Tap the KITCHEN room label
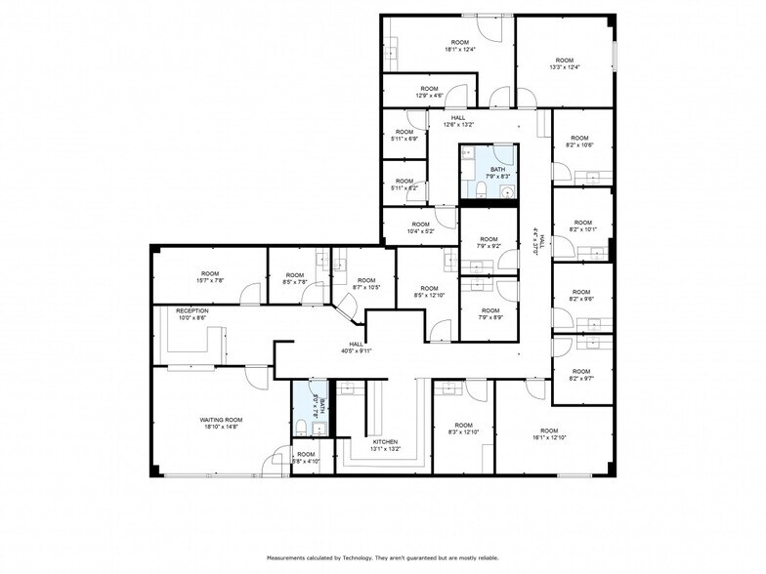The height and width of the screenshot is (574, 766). tap(384, 441)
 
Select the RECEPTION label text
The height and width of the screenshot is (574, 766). tap(192, 310)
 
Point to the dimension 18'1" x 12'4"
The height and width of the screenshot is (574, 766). tap(459, 49)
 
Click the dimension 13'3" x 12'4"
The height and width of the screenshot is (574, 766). tap(565, 67)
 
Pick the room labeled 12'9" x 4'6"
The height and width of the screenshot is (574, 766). tap(430, 95)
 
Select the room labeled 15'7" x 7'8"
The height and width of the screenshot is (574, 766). tap(209, 280)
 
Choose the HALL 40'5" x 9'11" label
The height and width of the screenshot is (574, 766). tap(357, 348)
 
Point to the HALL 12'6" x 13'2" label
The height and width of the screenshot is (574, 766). tap(458, 124)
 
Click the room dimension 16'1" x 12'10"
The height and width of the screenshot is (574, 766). tap(548, 437)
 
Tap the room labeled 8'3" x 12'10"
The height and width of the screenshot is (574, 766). tap(463, 430)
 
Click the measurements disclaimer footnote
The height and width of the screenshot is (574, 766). tap(382, 557)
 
